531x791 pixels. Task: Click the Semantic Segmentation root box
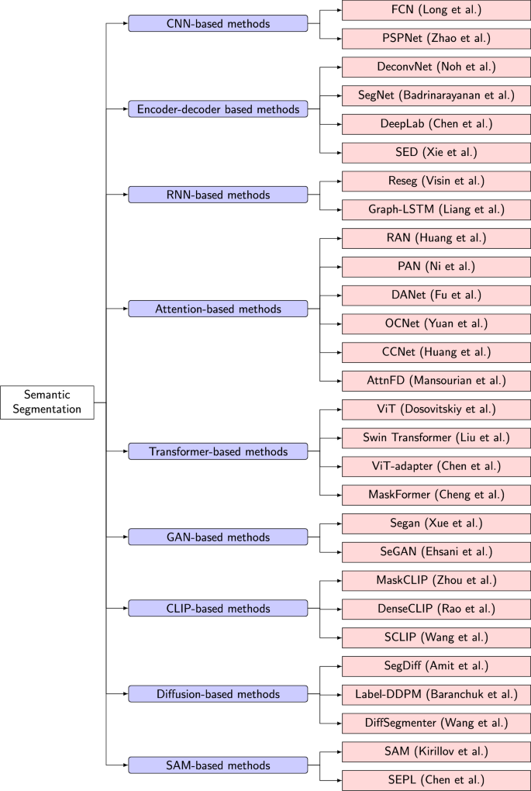47,402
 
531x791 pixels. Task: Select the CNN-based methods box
218,24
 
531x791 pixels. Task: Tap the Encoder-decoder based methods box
218,109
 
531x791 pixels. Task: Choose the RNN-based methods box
218,195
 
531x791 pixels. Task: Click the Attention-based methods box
218,309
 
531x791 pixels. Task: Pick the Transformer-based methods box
218,451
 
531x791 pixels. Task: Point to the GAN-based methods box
218,537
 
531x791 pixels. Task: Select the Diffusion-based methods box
218,693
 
